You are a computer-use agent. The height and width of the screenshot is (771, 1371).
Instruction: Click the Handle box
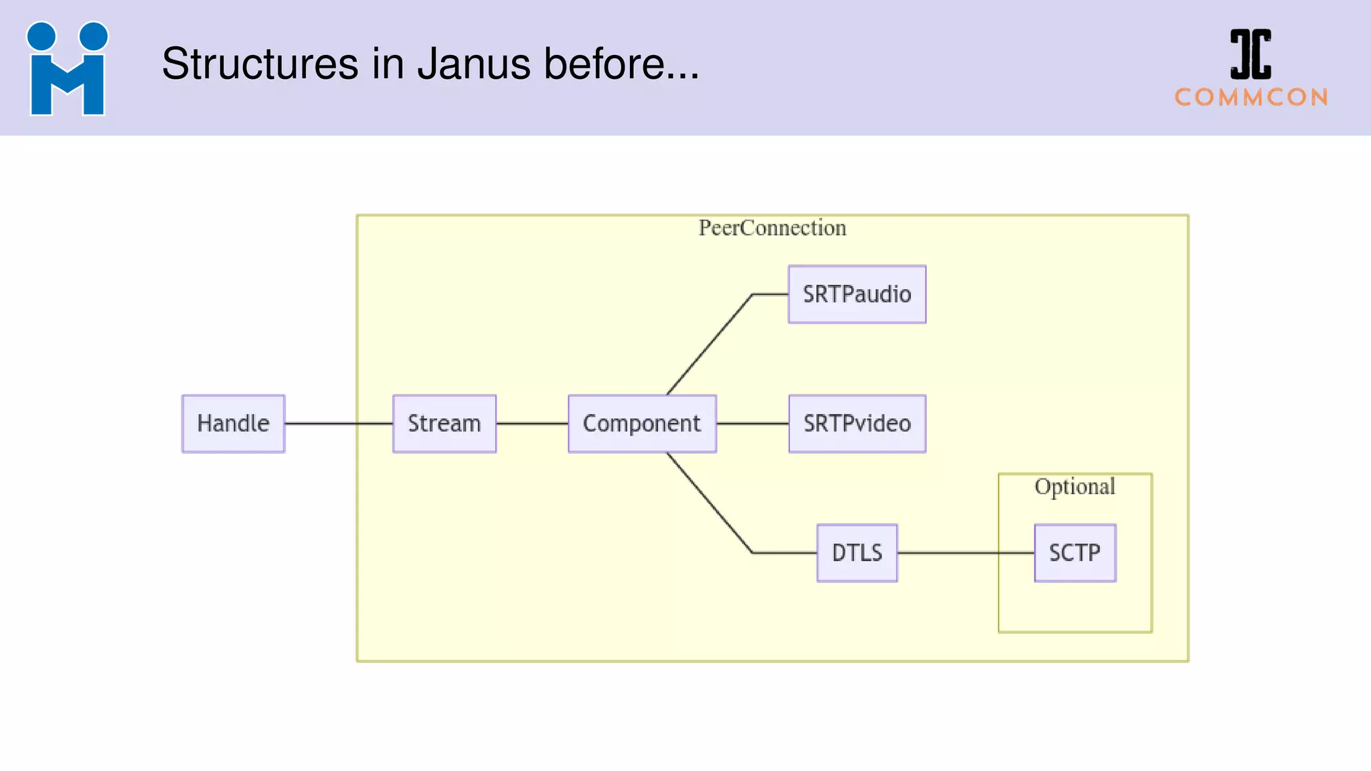click(x=233, y=424)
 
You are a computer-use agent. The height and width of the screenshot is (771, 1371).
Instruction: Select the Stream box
click(x=445, y=424)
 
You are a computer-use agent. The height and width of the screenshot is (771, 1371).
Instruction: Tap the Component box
click(x=642, y=424)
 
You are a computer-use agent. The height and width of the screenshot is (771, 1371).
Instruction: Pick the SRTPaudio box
click(x=857, y=294)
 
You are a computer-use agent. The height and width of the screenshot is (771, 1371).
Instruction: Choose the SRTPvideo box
click(x=857, y=424)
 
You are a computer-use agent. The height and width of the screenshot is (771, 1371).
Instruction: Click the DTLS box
click(x=857, y=553)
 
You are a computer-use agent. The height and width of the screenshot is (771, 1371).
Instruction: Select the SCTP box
click(x=1074, y=553)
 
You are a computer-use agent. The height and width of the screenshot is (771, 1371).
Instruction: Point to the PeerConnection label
click(x=772, y=228)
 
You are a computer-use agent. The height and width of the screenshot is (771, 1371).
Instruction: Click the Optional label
click(x=1074, y=487)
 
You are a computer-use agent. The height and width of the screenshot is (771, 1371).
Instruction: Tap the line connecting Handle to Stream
click(x=338, y=424)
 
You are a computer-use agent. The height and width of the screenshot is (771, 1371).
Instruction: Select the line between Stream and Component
click(x=532, y=424)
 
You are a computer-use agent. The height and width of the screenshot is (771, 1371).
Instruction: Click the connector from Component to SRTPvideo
click(x=752, y=424)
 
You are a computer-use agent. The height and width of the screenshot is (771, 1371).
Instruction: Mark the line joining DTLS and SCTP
click(x=964, y=553)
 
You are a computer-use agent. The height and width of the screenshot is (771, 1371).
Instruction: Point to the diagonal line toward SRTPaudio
click(x=710, y=345)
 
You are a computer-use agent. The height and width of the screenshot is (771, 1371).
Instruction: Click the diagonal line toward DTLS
click(x=710, y=503)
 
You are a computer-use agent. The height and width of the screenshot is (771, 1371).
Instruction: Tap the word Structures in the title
click(x=260, y=64)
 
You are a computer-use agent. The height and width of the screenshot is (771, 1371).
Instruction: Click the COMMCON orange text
click(x=1251, y=98)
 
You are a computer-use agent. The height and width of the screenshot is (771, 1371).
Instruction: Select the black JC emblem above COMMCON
click(x=1250, y=54)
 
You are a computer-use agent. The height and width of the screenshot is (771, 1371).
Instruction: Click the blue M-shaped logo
click(x=67, y=69)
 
